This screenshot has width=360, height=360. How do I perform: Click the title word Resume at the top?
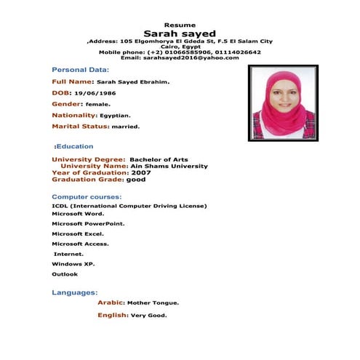coord(180,25)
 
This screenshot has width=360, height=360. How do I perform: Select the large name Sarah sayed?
coord(180,33)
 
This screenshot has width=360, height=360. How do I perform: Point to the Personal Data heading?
coord(80,69)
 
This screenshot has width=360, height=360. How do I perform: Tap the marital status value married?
coord(125,127)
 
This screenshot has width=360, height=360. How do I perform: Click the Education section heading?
coord(73,146)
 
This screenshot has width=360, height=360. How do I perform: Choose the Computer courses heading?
coord(87,197)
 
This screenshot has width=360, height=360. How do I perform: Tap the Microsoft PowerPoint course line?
coord(88,224)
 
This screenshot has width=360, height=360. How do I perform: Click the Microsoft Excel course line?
coord(78,234)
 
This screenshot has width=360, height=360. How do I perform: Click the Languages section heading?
coord(74,292)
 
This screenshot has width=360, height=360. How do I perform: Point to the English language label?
coord(112,315)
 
